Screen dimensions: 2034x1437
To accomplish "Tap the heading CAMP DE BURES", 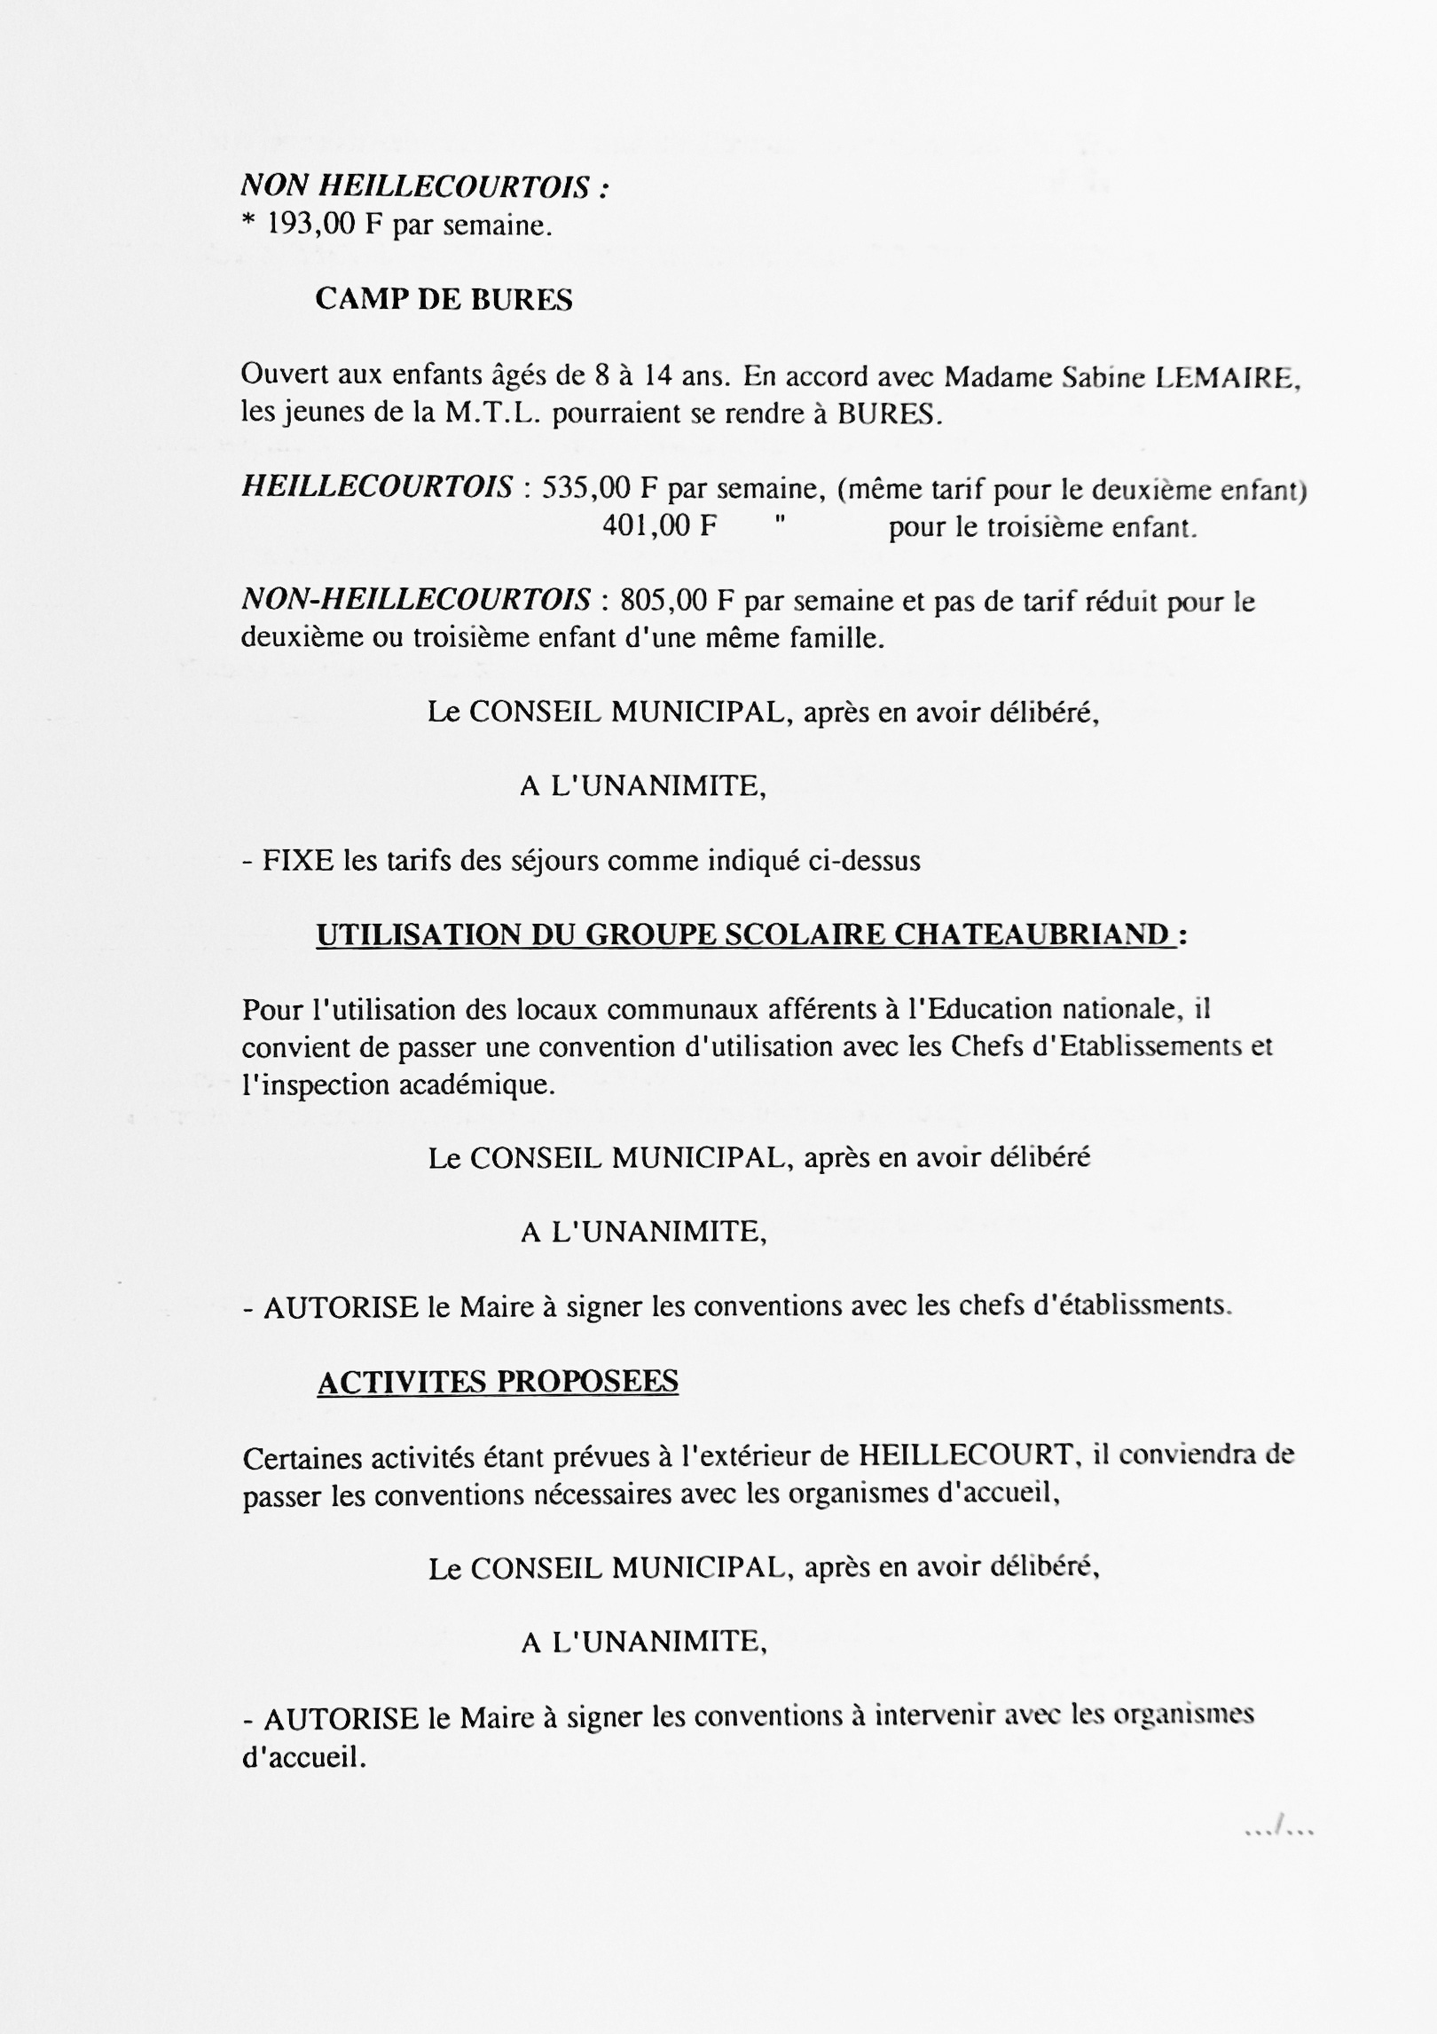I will point(444,300).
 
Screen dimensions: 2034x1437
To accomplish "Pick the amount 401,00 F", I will point(659,526).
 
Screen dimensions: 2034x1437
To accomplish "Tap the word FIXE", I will point(299,860).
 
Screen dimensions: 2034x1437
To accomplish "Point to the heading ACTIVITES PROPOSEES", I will point(498,1382).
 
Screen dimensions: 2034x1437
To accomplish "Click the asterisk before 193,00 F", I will point(247,225).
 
